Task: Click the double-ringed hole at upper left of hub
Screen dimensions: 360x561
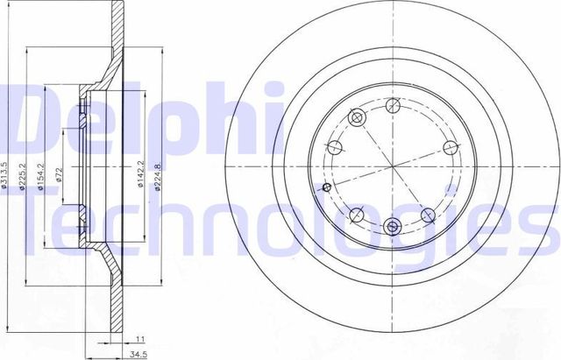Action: click(357, 117)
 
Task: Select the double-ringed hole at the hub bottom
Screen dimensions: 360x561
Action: click(391, 225)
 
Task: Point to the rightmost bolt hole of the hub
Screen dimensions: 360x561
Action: click(450, 146)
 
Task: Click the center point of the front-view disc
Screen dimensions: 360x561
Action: click(391, 166)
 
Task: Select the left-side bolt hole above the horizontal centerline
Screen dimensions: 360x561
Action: click(334, 145)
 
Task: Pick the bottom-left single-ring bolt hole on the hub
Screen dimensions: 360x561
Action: click(355, 214)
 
